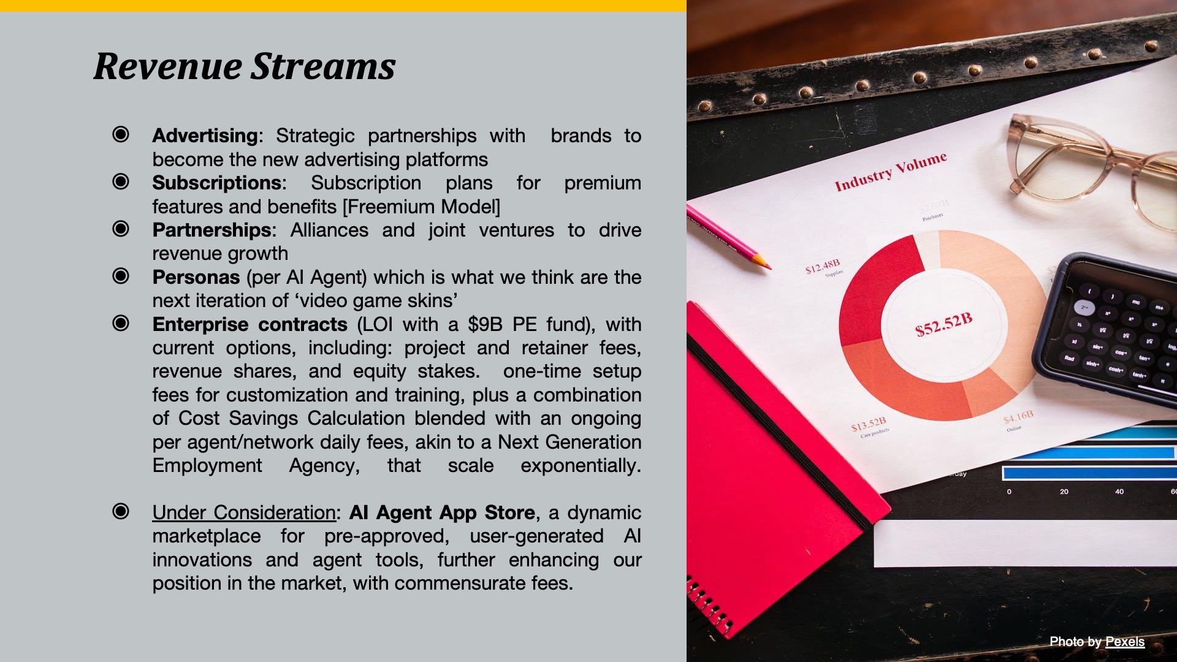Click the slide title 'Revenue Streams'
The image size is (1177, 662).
coord(245,66)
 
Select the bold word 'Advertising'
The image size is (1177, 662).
coord(205,135)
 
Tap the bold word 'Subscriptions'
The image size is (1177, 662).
coord(217,183)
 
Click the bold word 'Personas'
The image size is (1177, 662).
coord(196,277)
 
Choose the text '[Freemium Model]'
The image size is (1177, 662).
coord(422,207)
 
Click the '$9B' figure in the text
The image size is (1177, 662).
coord(485,324)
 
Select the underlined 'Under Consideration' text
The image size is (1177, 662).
coord(244,512)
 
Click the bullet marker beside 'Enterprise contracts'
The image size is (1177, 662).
coord(121,323)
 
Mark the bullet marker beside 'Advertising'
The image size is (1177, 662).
coord(121,134)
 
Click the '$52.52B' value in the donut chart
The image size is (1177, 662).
coord(944,325)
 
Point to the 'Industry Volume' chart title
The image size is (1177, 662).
coord(891,172)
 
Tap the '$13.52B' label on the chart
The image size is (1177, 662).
coord(869,424)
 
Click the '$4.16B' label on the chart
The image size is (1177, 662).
coord(1018,417)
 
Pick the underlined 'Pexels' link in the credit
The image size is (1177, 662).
coord(1125,642)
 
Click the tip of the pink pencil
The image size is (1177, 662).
coord(769,268)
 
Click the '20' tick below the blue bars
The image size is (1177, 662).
coord(1064,492)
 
